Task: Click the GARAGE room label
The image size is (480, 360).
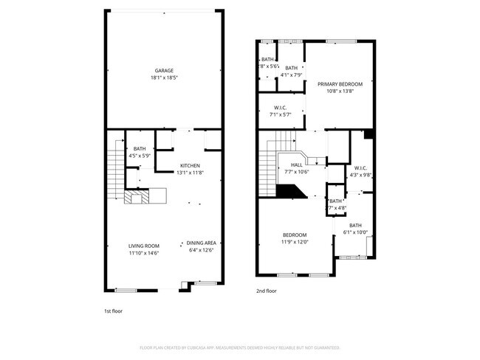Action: pyautogui.click(x=163, y=71)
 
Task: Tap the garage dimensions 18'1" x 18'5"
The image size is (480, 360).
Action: pyautogui.click(x=163, y=77)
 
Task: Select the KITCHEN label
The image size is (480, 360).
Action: pyautogui.click(x=191, y=166)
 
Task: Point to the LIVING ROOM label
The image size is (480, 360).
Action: pyautogui.click(x=144, y=246)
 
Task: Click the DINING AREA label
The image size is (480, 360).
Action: pyautogui.click(x=201, y=243)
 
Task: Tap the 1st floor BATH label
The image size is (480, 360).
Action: pyautogui.click(x=139, y=148)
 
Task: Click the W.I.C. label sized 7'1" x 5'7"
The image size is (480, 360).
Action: pyautogui.click(x=281, y=108)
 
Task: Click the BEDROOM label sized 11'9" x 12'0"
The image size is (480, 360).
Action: pyautogui.click(x=293, y=235)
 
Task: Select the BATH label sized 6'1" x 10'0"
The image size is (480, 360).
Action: pyautogui.click(x=356, y=226)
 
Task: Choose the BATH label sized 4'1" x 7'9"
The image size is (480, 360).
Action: pyautogui.click(x=291, y=68)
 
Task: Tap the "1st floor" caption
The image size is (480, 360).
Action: pyautogui.click(x=113, y=311)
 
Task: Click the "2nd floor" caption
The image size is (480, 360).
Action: pyautogui.click(x=266, y=291)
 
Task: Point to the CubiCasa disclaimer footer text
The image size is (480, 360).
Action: pyautogui.click(x=239, y=347)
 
